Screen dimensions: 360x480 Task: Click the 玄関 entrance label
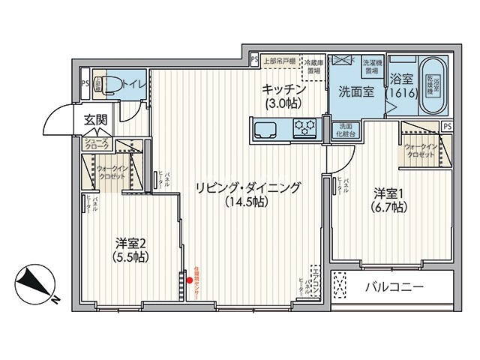(x=95, y=120)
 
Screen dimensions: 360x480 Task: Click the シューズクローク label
(x=96, y=145)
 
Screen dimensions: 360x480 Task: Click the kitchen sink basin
(x=264, y=130)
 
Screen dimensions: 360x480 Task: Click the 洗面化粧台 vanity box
(x=346, y=130)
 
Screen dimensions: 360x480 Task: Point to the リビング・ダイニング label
(x=247, y=194)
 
